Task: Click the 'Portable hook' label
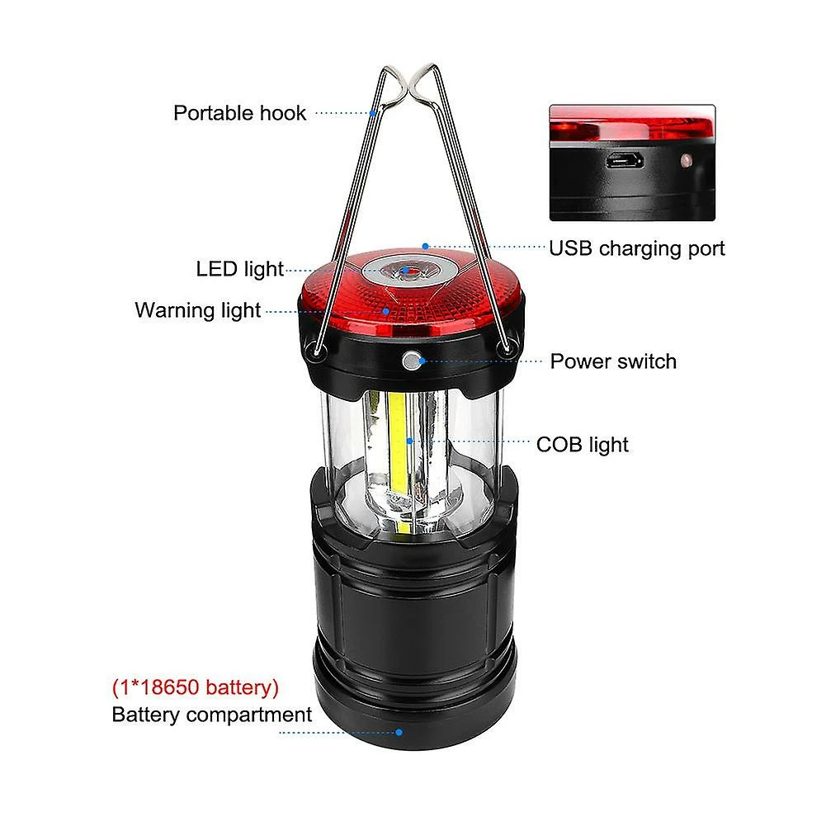pos(239,113)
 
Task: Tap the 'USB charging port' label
pos(636,248)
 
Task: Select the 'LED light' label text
pos(239,269)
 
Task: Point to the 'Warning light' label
pos(197,310)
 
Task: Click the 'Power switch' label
pos(613,361)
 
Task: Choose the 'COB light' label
pos(582,445)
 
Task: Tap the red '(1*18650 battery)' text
pos(196,687)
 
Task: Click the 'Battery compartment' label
pos(212,715)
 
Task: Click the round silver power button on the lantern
pos(411,361)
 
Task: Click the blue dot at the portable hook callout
pos(372,113)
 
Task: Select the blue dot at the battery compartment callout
pos(399,732)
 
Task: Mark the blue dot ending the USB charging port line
pos(426,246)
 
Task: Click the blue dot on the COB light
pos(410,441)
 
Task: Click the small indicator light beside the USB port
pos(686,160)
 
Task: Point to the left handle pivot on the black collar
pos(318,349)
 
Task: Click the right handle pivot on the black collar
pos(506,348)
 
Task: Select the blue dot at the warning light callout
pos(386,311)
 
